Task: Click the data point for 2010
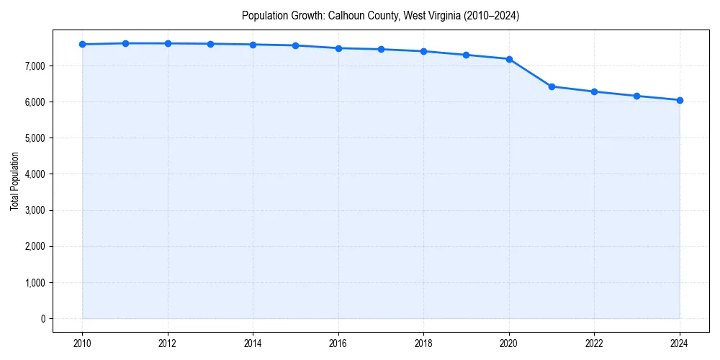coord(82,44)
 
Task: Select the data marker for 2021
coord(552,86)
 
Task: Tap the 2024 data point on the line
coord(680,100)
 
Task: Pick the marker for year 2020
coord(509,59)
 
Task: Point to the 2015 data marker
coord(296,45)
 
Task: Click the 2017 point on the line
coord(381,49)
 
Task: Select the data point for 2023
coord(637,96)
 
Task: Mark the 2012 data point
coord(168,43)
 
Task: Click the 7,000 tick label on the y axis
coord(34,66)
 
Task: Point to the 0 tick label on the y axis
coord(42,319)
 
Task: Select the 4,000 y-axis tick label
coord(34,174)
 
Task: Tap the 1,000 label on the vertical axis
coord(34,283)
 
